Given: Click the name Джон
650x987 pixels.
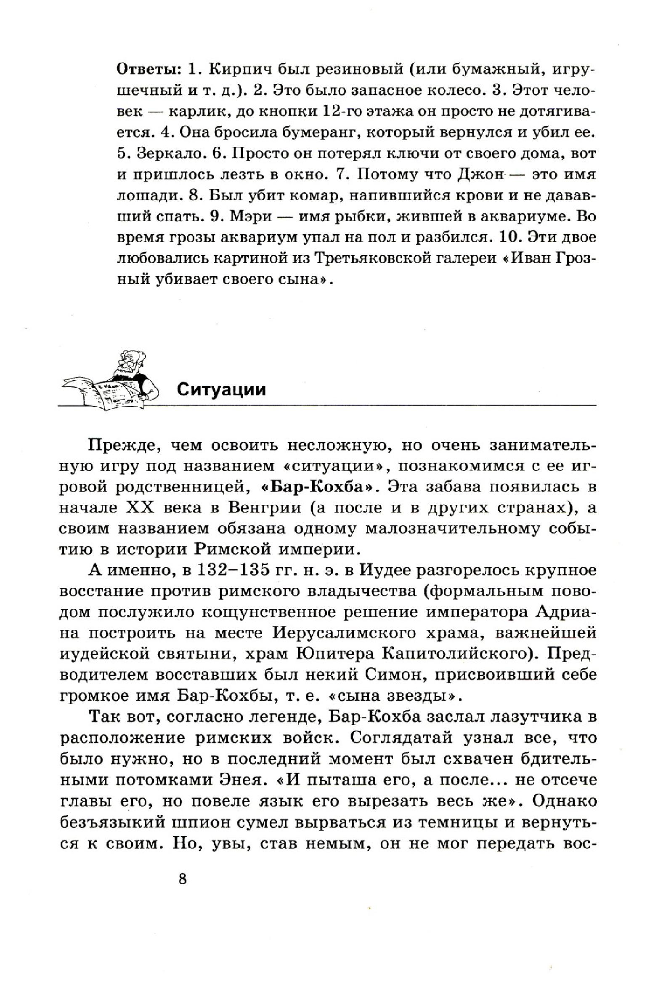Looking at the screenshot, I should pos(480,174).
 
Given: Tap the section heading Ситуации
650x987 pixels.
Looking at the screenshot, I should pos(221,389).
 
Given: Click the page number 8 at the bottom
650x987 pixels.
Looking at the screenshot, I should pos(182,878).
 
